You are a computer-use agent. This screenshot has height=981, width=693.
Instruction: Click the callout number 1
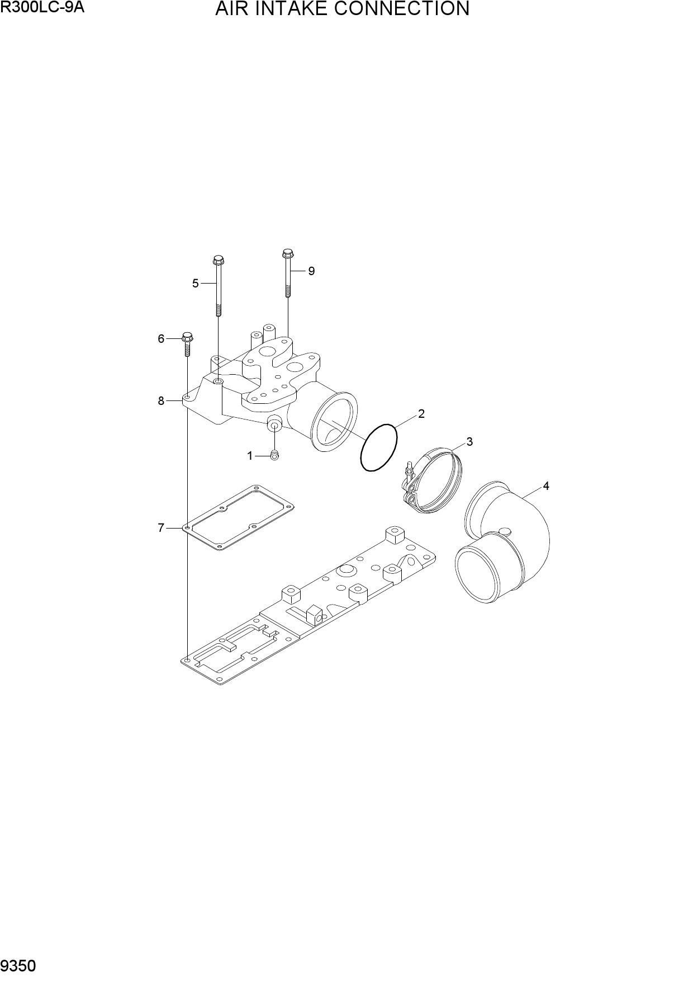click(250, 456)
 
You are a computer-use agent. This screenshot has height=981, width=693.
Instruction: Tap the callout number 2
click(421, 414)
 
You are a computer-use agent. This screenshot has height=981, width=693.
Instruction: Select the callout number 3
click(469, 442)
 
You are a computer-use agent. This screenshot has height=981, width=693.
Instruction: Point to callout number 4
click(546, 486)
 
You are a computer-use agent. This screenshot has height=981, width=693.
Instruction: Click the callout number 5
click(196, 284)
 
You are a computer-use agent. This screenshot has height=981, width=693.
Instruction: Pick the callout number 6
click(161, 339)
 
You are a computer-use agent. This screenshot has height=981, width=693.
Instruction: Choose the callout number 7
click(161, 527)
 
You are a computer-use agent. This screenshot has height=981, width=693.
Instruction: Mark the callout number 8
click(161, 400)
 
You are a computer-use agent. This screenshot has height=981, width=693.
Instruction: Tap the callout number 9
click(311, 271)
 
